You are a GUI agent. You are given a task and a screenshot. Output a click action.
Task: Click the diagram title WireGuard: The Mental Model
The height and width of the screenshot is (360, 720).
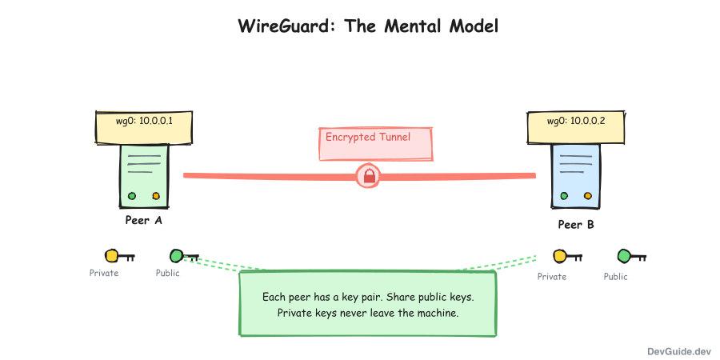coord(368,26)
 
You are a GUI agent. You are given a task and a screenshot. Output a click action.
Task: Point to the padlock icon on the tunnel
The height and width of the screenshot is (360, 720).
coord(369,176)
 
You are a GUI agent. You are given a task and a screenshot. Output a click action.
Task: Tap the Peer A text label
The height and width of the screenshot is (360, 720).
coord(144,221)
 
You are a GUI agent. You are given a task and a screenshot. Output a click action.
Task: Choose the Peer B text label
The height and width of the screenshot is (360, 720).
coord(576,225)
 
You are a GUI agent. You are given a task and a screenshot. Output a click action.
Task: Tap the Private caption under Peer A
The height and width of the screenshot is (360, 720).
coord(104,274)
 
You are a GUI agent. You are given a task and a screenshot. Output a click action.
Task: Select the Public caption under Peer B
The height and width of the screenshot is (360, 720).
coord(616,277)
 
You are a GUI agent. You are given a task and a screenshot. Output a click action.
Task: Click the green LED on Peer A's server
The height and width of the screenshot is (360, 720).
coord(132,196)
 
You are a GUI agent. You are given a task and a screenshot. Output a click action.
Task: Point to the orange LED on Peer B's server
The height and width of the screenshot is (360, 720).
coord(588,196)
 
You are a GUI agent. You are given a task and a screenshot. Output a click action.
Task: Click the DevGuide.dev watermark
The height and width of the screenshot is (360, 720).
coord(679,350)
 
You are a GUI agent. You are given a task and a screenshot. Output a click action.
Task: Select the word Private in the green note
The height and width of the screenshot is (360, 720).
coord(294,313)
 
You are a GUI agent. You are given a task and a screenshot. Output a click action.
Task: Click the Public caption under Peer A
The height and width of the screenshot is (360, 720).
coord(168,274)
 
